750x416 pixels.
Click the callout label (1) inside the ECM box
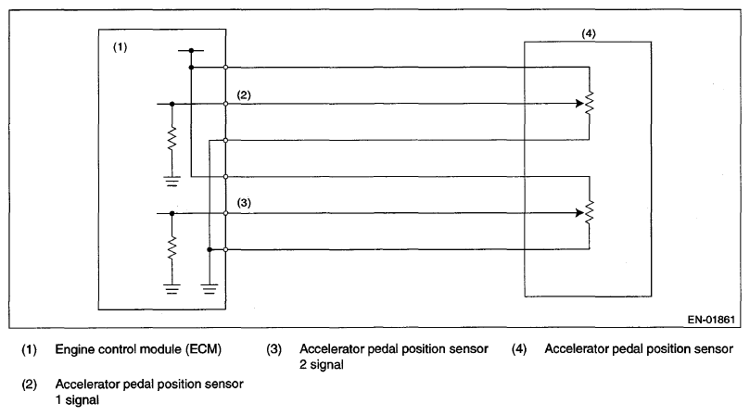[x=120, y=48]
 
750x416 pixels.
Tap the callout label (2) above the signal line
[x=244, y=95]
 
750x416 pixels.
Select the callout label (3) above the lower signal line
[x=244, y=202]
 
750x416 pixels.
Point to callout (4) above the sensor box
[x=588, y=33]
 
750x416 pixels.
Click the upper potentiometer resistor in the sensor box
[x=589, y=105]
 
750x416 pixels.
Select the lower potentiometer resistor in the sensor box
[x=589, y=213]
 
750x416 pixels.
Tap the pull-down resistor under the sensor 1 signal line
[x=172, y=141]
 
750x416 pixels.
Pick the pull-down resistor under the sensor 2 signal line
[x=172, y=248]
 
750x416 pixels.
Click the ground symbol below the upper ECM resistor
[x=172, y=182]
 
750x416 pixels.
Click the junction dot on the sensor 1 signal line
[x=172, y=105]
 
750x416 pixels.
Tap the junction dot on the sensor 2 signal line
[x=172, y=213]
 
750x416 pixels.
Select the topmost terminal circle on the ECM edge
[x=226, y=67]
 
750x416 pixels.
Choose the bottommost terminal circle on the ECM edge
[x=226, y=249]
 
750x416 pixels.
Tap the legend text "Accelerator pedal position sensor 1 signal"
[x=149, y=392]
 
